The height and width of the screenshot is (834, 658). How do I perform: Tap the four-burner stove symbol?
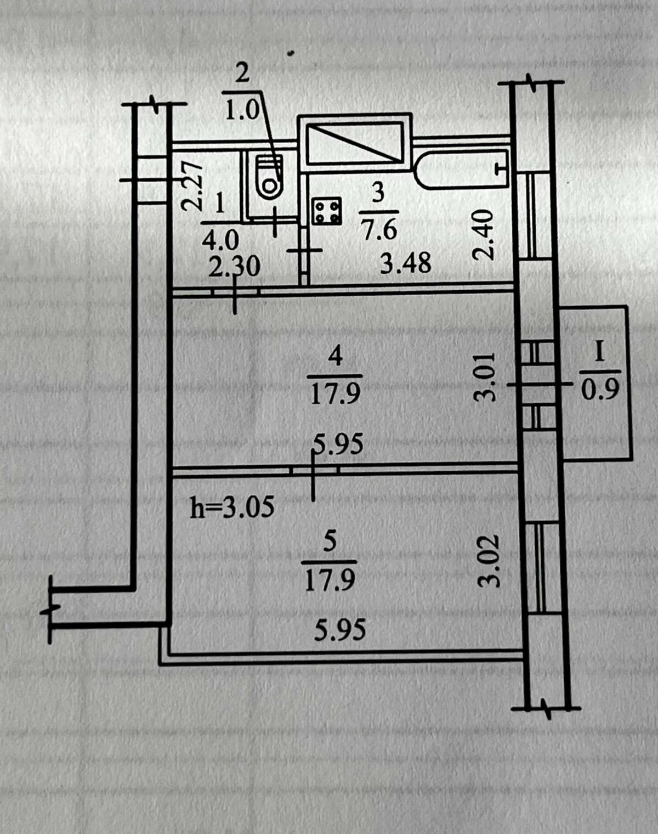click(327, 211)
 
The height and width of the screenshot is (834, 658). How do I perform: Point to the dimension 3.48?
click(405, 263)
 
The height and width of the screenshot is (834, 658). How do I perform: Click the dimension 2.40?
click(483, 235)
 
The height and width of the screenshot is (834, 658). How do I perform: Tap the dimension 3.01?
click(485, 377)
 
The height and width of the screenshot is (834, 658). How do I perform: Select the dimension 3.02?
click(490, 561)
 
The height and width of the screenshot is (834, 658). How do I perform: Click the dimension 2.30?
click(234, 267)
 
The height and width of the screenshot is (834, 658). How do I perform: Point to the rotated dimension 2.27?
click(192, 185)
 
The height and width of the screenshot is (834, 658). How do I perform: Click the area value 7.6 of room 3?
click(379, 230)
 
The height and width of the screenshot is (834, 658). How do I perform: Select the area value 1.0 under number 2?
click(242, 111)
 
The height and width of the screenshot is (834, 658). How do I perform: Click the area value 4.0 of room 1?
click(220, 241)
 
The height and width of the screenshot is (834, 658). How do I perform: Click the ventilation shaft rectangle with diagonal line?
click(355, 142)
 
